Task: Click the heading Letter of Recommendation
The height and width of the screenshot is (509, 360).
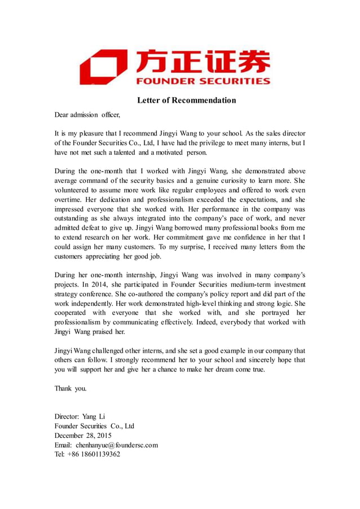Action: (x=186, y=100)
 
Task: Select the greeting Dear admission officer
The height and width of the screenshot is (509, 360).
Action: (x=87, y=115)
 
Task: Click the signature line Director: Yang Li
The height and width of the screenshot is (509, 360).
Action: (x=80, y=416)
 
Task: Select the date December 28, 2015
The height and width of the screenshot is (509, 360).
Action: (x=83, y=436)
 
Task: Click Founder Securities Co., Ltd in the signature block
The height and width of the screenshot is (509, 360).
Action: (x=94, y=426)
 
